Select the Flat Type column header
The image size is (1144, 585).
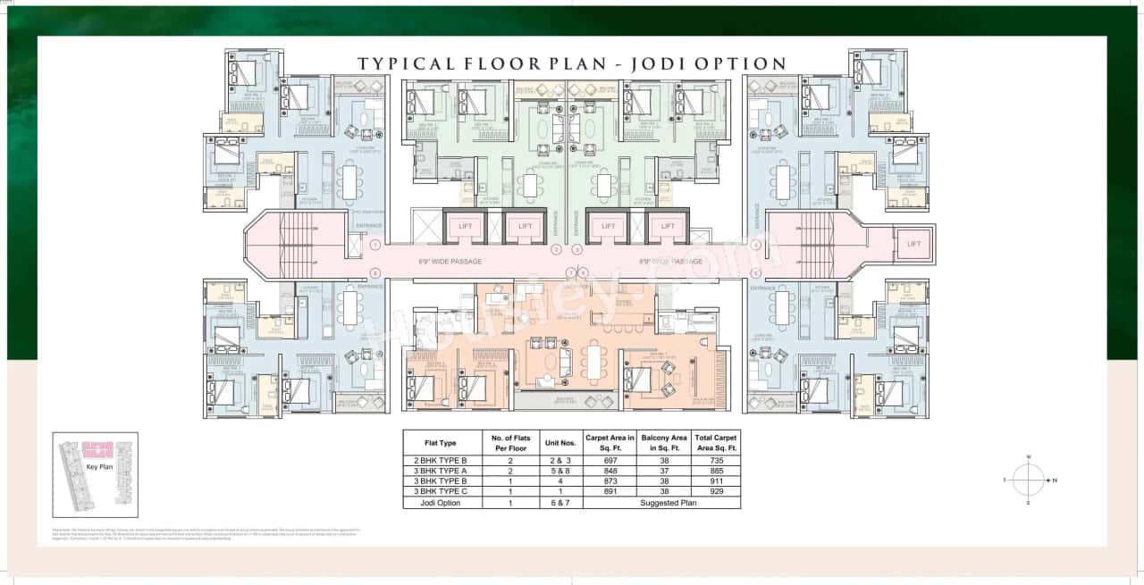(441, 443)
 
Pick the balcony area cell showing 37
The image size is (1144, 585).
(664, 471)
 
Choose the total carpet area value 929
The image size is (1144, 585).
(716, 492)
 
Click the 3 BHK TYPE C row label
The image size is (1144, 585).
(441, 492)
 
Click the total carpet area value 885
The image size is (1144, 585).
(716, 471)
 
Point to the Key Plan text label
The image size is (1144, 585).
(97, 466)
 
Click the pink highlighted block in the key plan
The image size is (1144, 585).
(97, 449)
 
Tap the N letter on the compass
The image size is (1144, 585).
(1055, 481)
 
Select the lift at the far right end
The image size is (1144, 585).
(913, 244)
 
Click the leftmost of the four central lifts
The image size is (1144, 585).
(465, 227)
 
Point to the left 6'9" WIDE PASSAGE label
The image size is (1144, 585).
(450, 262)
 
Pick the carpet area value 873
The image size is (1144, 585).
(610, 481)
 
